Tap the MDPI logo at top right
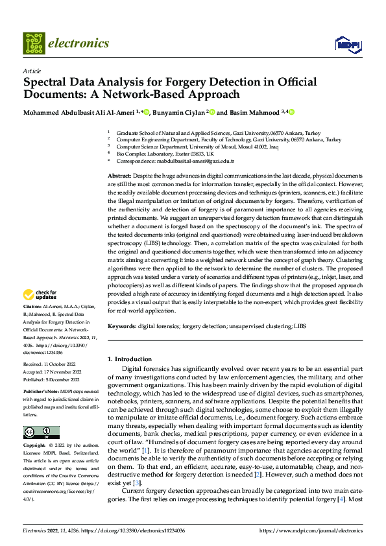click(x=347, y=44)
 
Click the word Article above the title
click(x=31, y=71)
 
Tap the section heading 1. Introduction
click(x=130, y=359)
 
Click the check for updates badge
click(x=40, y=295)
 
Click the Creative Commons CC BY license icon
click(x=41, y=433)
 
